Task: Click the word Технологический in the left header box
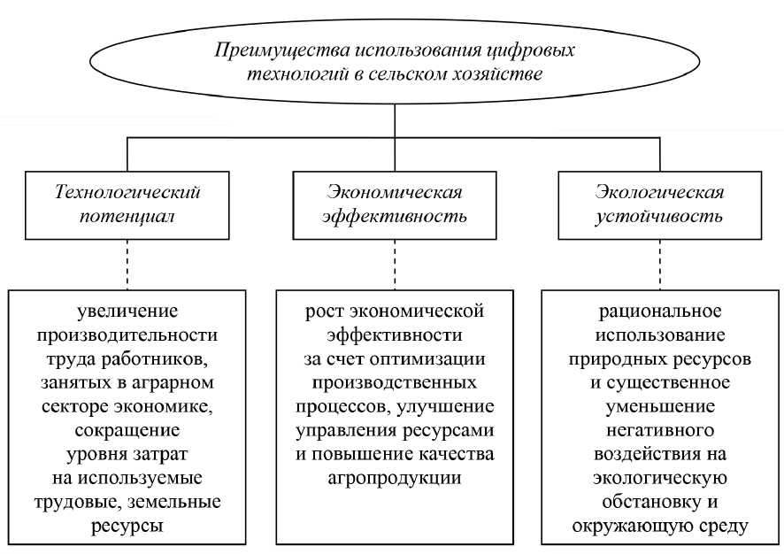coord(128,192)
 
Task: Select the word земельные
coord(177,502)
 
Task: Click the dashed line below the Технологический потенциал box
coord(128,262)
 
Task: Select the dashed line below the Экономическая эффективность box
coord(394,262)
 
